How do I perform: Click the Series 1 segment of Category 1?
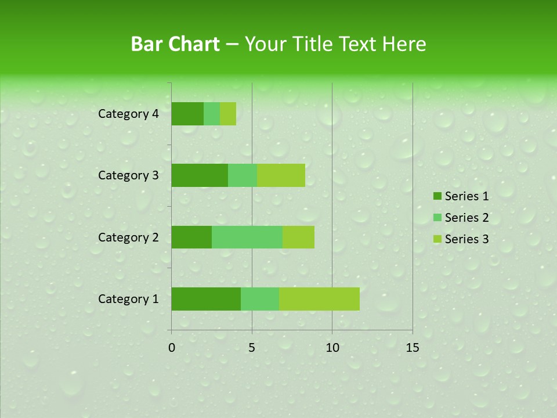coord(206,299)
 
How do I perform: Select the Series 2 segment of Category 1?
coord(260,299)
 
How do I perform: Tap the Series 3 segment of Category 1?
coord(319,299)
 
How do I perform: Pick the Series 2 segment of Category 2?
coord(247,237)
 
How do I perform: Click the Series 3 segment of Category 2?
coord(298,237)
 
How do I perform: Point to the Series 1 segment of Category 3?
coord(200,175)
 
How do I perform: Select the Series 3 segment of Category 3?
coord(281,175)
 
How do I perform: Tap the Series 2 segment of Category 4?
coord(212,114)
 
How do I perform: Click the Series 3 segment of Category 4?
coord(228,114)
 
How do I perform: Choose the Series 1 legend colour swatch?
coord(437,196)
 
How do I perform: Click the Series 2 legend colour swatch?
coord(437,218)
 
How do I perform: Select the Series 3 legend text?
coord(466,239)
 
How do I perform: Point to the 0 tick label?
coord(172,348)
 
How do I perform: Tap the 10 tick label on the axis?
coord(332,348)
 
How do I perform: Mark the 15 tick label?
coord(412,348)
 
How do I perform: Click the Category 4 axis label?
coord(128,114)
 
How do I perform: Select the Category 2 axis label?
coord(128,237)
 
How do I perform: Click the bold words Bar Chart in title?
coord(175,44)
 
